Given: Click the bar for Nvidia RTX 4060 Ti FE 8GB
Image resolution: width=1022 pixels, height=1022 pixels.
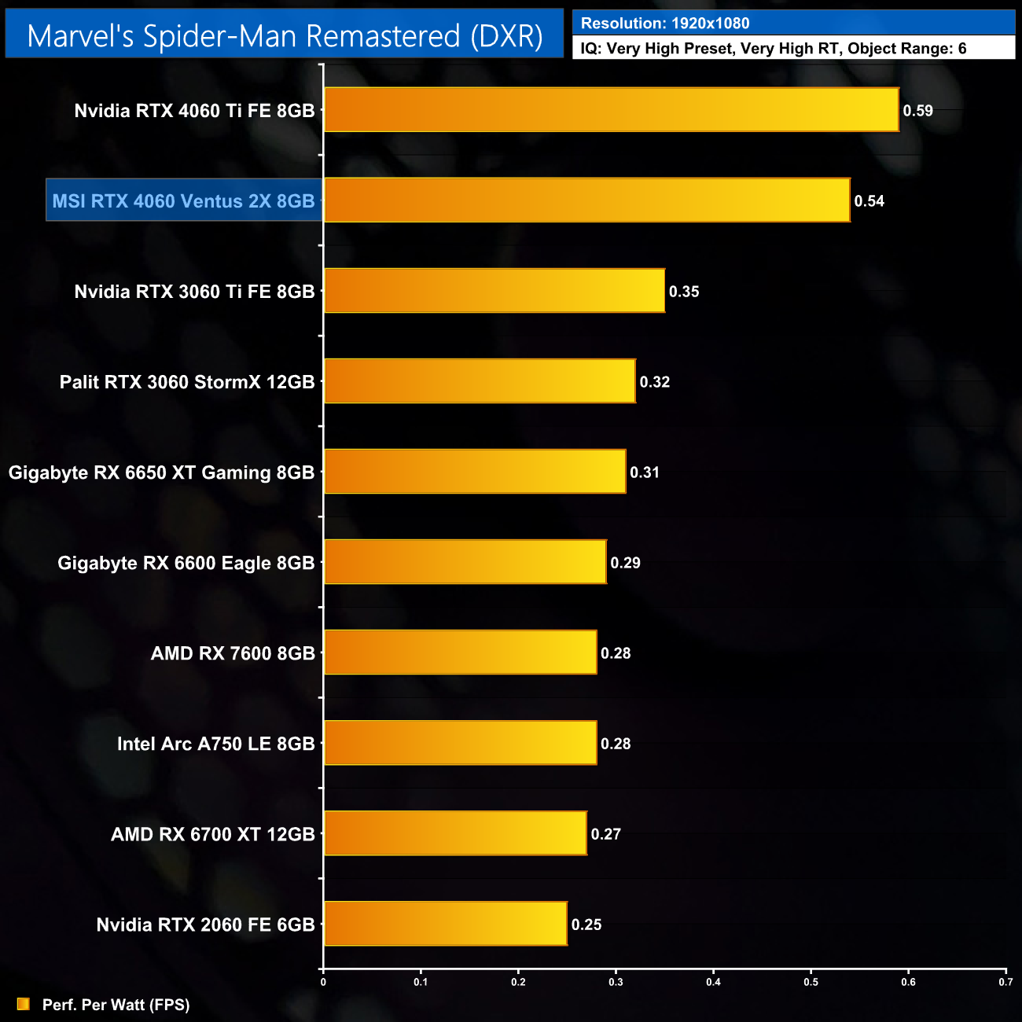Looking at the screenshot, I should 611,110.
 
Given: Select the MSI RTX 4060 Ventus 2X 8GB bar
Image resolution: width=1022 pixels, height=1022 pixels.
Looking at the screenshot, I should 586,200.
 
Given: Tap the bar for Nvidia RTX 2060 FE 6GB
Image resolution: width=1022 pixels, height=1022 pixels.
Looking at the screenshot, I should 445,924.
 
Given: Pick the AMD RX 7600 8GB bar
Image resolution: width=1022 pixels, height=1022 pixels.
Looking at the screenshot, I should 460,653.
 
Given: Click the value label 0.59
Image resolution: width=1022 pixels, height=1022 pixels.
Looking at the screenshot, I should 917,111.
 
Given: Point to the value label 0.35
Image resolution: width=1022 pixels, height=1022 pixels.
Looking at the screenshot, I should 684,292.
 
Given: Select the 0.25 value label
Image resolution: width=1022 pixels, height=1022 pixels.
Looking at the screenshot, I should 586,925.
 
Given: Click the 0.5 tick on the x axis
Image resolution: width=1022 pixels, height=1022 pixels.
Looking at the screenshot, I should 811,982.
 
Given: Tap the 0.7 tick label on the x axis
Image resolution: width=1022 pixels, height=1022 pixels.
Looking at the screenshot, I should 1005,982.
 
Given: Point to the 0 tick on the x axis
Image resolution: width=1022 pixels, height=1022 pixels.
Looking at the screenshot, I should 323,982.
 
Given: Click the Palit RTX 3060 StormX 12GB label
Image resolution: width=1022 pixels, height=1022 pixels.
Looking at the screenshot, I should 187,382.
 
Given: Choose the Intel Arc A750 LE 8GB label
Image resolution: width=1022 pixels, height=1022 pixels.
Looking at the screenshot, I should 215,744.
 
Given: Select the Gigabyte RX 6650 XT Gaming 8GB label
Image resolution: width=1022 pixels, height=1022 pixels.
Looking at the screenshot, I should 161,472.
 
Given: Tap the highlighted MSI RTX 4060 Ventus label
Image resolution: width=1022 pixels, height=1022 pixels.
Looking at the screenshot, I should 183,201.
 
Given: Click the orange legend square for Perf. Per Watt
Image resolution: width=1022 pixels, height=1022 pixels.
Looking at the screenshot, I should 24,1004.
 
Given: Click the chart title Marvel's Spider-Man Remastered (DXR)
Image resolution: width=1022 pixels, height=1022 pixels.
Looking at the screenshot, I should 285,35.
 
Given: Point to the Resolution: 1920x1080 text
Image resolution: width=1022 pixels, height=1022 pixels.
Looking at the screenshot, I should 665,24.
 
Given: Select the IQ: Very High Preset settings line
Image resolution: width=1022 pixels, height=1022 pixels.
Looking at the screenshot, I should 774,49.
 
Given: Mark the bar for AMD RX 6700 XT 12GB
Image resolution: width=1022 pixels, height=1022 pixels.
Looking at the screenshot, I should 455,833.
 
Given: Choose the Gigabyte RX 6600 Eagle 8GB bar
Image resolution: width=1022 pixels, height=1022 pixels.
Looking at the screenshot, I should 465,562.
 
